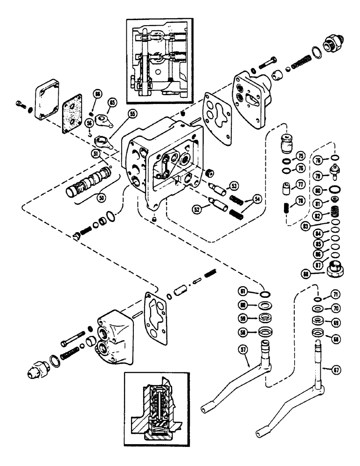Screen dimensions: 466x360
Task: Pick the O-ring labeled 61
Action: click(264, 294)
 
